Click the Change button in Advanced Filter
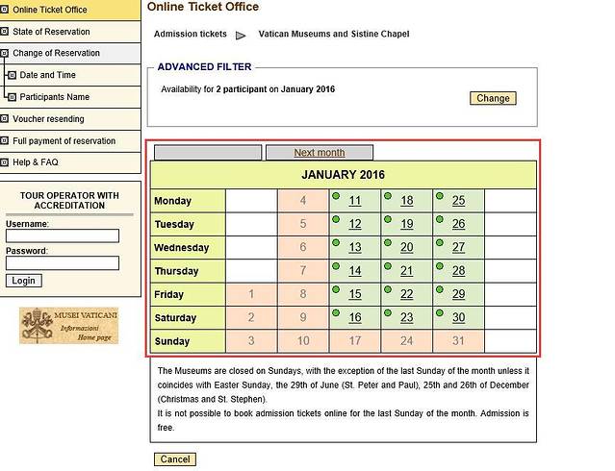493,98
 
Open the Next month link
319,153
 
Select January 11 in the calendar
355,201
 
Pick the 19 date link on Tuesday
406,224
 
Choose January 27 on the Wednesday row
458,247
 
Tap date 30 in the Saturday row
458,318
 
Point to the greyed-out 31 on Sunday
458,341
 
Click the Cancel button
174,459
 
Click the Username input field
63,235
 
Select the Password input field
63,262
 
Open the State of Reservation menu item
51,32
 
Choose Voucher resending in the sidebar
48,119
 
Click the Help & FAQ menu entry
36,162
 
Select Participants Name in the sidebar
54,97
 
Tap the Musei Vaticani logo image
68,326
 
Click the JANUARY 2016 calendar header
343,175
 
